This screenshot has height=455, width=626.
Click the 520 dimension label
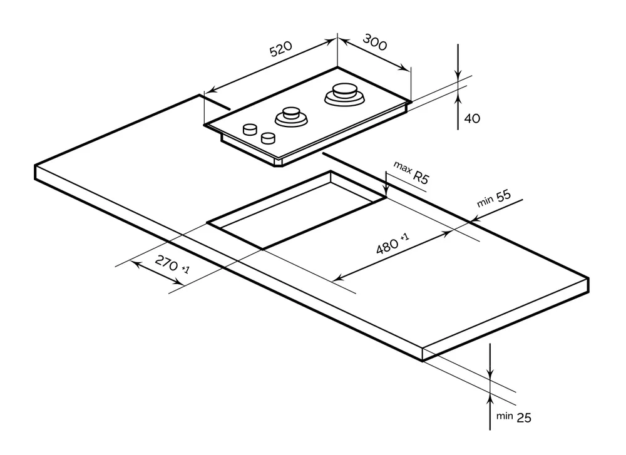(x=281, y=51)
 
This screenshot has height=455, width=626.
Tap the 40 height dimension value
(x=472, y=118)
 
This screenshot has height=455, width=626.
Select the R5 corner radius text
(x=421, y=176)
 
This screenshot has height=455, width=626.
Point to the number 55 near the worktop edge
(x=503, y=197)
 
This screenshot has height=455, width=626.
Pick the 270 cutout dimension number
(x=167, y=263)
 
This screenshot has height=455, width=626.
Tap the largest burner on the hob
(x=344, y=94)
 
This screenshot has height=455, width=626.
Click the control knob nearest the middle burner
(x=269, y=137)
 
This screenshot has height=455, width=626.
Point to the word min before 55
(x=485, y=203)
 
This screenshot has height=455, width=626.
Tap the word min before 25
(x=505, y=416)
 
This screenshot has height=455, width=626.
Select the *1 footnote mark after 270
(x=185, y=269)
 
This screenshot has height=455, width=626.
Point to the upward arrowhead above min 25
(x=491, y=398)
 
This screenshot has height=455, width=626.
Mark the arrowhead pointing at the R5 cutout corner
(x=387, y=191)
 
